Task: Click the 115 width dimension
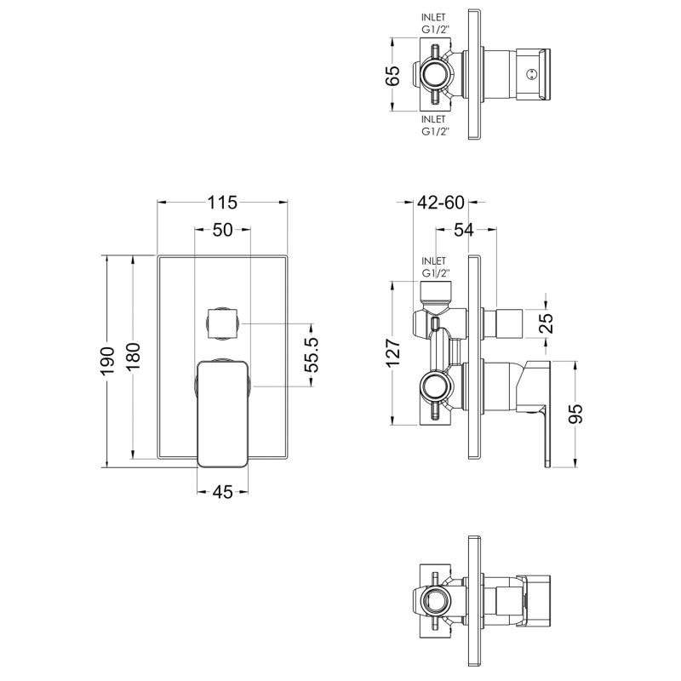pos(221,203)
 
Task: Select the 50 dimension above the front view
pos(221,230)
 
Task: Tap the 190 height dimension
pos(106,361)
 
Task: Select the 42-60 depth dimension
pos(441,203)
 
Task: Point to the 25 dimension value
pos(547,322)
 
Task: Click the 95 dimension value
pos(575,415)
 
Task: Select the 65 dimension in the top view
pos(392,76)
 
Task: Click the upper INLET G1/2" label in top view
pos(434,23)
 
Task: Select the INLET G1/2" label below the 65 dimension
pos(434,126)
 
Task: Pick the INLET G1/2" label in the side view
pos(434,266)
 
